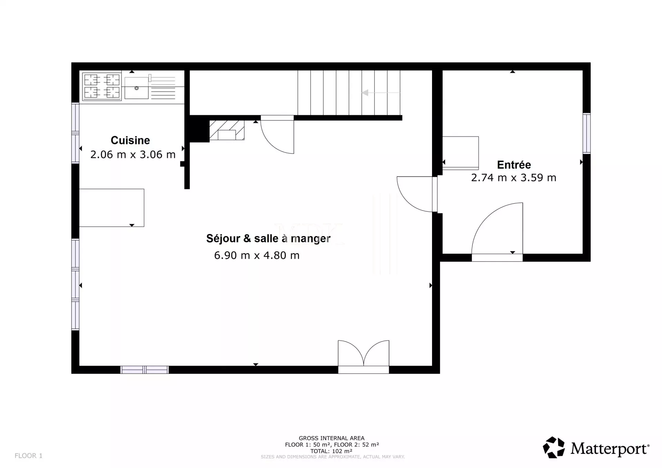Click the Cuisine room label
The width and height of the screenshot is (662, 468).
coord(130,140)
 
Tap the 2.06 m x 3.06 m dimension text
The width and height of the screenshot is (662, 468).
coord(133,154)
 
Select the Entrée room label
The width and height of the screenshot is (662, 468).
coord(514,165)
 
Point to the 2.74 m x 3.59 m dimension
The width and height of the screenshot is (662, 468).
coord(514,177)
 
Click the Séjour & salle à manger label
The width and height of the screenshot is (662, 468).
coord(268,238)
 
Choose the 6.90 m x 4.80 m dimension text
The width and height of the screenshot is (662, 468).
coord(257,255)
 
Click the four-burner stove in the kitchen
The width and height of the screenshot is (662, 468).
coord(102,86)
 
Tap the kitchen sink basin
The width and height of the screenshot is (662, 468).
coord(137,88)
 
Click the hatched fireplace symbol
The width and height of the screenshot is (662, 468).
coord(227,130)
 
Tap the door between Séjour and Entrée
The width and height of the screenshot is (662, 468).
coord(417,194)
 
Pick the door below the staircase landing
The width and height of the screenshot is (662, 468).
coord(277,134)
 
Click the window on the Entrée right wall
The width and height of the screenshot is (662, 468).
coord(586,133)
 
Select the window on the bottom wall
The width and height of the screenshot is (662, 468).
coord(144,370)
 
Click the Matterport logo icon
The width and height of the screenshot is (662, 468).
coord(554,448)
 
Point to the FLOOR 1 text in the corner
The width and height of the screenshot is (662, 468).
coord(29,456)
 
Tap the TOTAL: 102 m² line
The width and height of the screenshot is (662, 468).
coord(331,451)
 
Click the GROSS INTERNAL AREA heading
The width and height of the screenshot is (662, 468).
coord(332,438)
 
